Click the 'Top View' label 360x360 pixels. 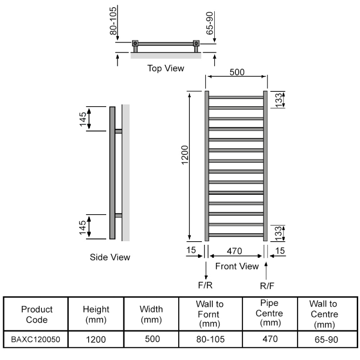click(x=166, y=68)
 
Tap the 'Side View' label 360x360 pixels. click(x=110, y=257)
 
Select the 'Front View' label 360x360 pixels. click(x=237, y=266)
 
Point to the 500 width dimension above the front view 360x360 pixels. click(x=237, y=72)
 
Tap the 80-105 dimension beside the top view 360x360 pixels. click(x=113, y=21)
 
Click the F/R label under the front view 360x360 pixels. click(x=206, y=284)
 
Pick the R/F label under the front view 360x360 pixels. click(x=267, y=284)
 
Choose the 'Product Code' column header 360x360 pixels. click(x=37, y=314)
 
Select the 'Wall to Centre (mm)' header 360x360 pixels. click(x=324, y=314)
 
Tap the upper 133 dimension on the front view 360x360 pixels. click(x=279, y=100)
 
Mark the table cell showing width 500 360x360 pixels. click(x=151, y=339)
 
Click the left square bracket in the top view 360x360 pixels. click(x=135, y=44)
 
